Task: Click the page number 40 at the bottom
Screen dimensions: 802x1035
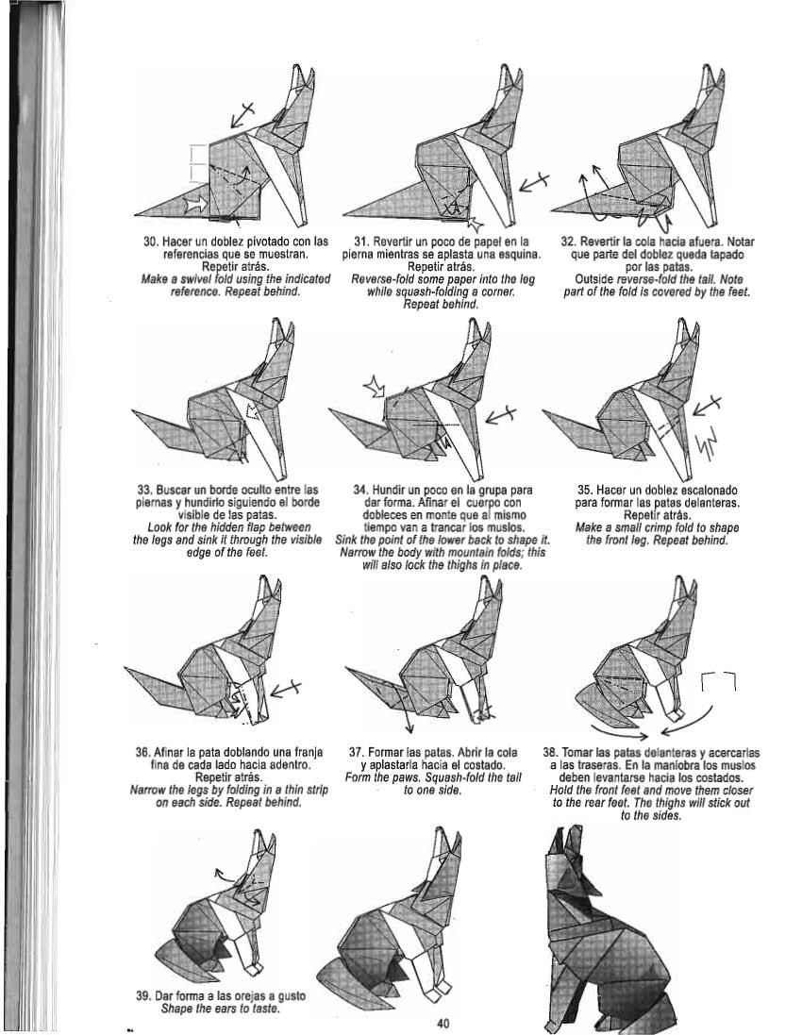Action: [x=443, y=1023]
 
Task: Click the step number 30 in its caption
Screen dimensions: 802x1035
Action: [x=150, y=242]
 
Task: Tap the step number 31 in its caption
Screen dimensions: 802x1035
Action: [x=360, y=242]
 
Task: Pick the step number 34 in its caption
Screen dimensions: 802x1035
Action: [x=360, y=491]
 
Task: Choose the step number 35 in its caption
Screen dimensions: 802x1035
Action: [x=585, y=491]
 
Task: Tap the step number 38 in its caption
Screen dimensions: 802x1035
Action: [x=550, y=753]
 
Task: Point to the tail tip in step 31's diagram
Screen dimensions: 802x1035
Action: [x=343, y=216]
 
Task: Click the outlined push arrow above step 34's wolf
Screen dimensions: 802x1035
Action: [x=376, y=386]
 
